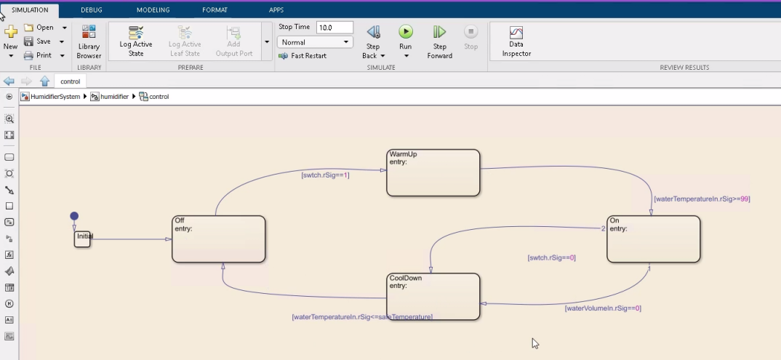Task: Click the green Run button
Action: point(406,32)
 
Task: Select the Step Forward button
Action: point(439,32)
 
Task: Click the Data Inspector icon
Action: point(516,33)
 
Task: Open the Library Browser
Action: point(89,42)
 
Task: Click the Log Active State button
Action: point(135,41)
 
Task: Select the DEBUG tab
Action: point(91,10)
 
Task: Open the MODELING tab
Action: point(153,10)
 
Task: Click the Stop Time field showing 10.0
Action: point(335,28)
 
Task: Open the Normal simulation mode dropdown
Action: point(315,42)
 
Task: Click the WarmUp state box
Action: point(433,173)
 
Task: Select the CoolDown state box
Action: point(433,296)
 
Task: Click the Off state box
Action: point(218,239)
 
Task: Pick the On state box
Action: point(653,239)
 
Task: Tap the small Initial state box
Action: point(82,239)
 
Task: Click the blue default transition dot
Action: point(74,216)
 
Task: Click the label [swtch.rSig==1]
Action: point(325,175)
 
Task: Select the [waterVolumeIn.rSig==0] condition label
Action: point(603,308)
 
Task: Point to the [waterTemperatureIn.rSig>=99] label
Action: point(702,199)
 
